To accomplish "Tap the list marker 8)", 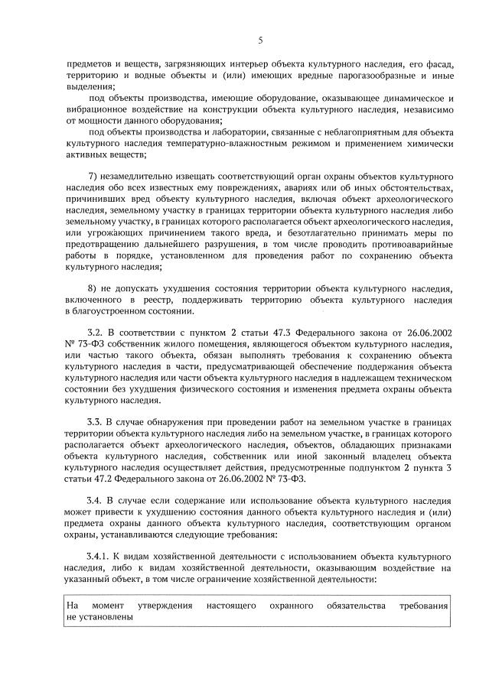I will (x=95, y=288).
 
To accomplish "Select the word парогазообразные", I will (x=360, y=76).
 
